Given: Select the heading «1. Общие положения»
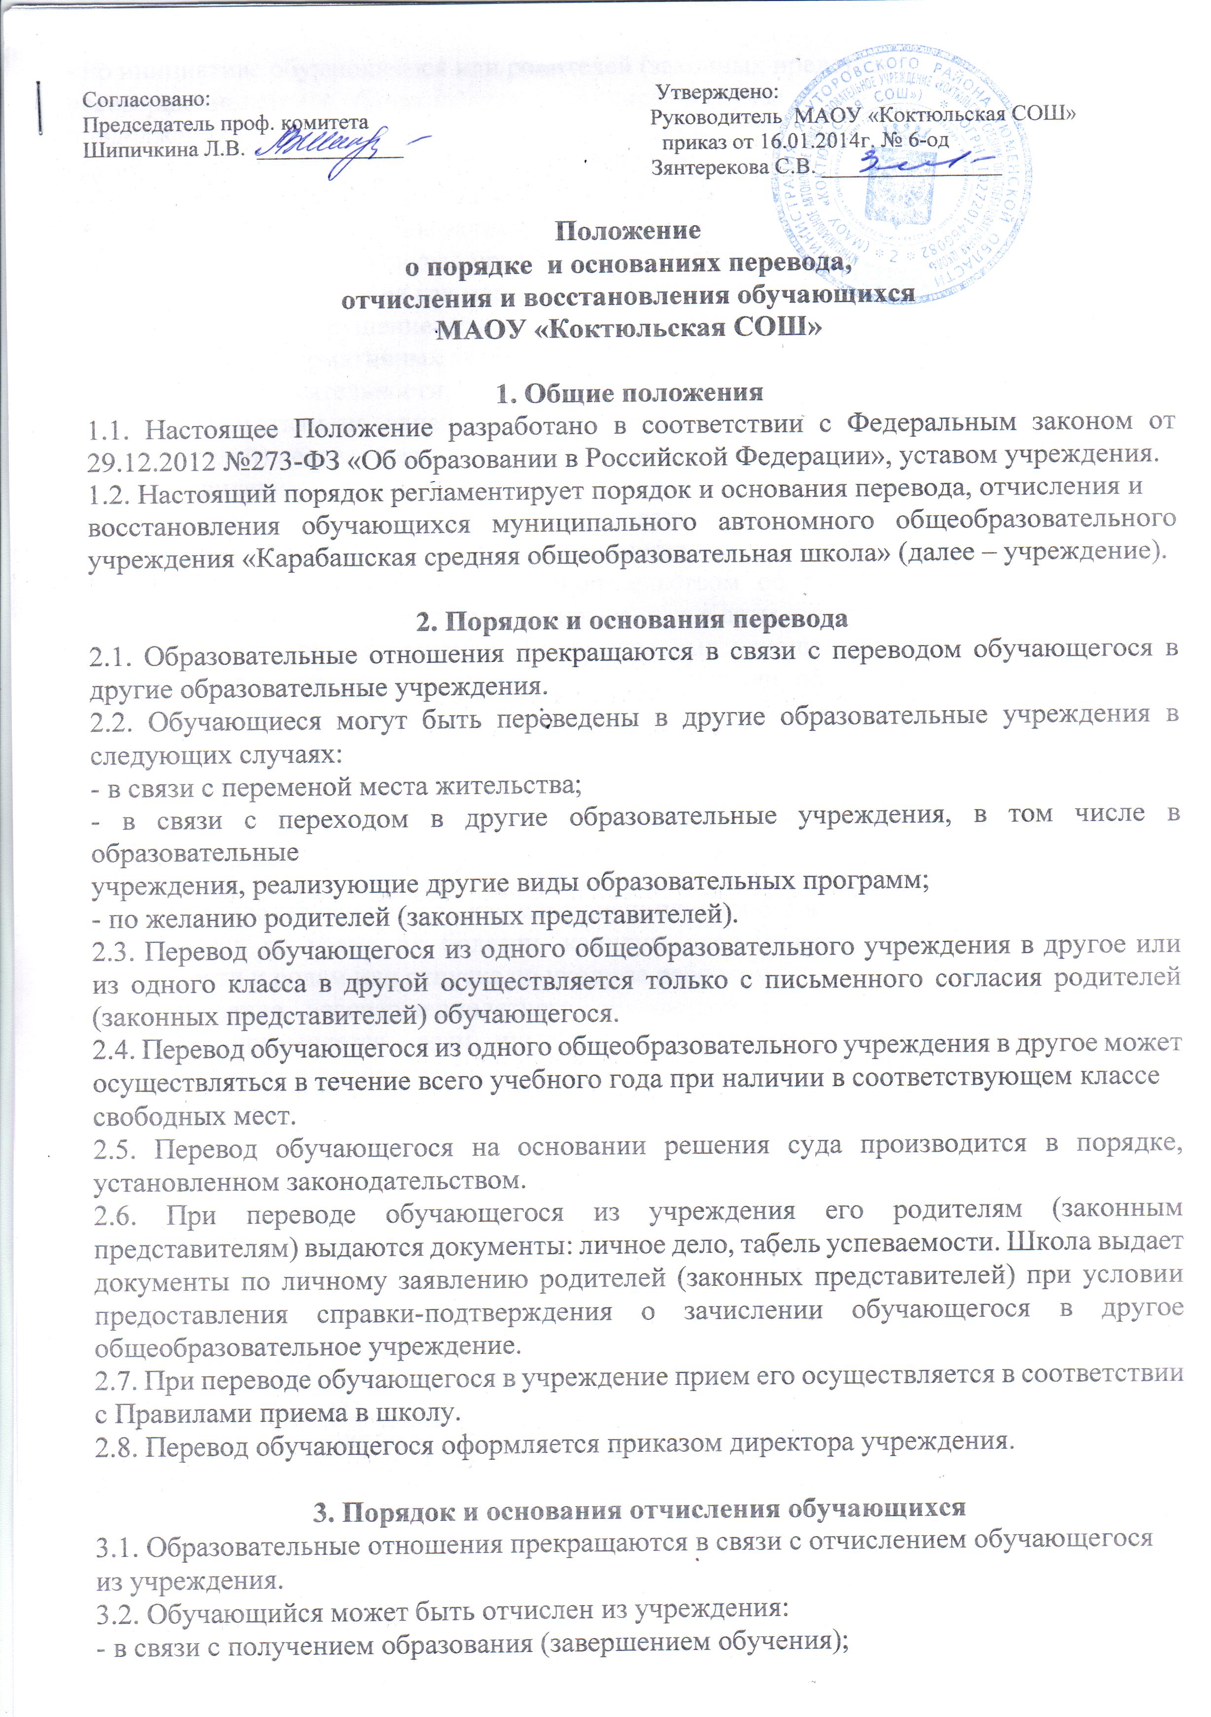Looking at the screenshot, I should [630, 393].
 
